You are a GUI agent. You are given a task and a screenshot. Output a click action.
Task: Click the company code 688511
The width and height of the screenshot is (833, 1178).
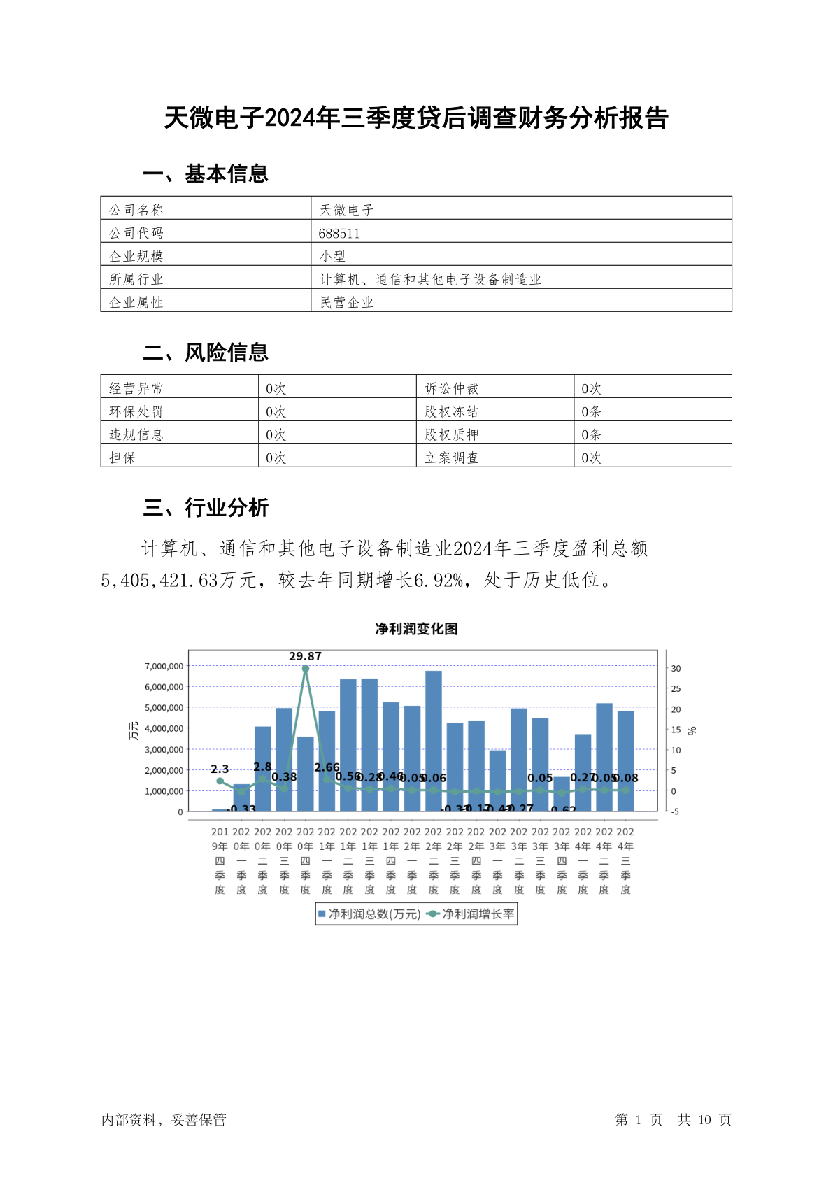tap(339, 233)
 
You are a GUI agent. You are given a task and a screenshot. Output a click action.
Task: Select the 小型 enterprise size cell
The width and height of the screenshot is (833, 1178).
tap(333, 256)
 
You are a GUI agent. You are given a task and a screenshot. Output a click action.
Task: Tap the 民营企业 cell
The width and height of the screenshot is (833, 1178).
tap(347, 302)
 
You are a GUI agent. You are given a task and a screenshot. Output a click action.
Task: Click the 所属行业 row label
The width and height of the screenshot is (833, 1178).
tap(136, 279)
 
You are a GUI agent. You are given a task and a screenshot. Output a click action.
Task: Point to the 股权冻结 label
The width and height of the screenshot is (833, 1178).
tap(452, 411)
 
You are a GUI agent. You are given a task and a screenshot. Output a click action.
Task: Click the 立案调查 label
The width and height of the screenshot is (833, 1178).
tap(452, 457)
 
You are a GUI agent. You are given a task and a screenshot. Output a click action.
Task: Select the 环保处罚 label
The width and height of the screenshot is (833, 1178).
tap(136, 411)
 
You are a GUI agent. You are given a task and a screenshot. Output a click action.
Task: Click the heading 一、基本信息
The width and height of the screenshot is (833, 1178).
tap(206, 173)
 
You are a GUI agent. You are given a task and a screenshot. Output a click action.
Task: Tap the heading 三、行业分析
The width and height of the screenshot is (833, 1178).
tap(206, 507)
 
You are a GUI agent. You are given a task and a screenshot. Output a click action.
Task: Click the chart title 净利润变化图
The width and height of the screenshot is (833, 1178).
tap(416, 629)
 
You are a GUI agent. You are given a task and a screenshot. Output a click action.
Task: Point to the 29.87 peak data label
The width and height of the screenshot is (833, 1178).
tap(305, 656)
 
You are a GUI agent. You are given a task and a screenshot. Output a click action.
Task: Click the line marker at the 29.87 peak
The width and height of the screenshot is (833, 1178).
tap(306, 669)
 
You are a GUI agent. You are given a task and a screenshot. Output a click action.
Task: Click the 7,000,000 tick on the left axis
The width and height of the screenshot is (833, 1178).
tap(164, 666)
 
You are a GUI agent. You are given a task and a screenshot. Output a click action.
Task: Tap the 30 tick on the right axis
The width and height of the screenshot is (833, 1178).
tap(676, 669)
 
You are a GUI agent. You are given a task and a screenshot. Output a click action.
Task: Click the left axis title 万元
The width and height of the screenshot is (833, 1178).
tap(134, 731)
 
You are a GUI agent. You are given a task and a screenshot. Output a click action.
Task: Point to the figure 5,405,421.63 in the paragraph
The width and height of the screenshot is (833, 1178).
tap(160, 580)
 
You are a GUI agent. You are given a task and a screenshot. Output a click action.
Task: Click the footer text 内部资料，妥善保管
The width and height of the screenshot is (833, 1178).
tap(164, 1119)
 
